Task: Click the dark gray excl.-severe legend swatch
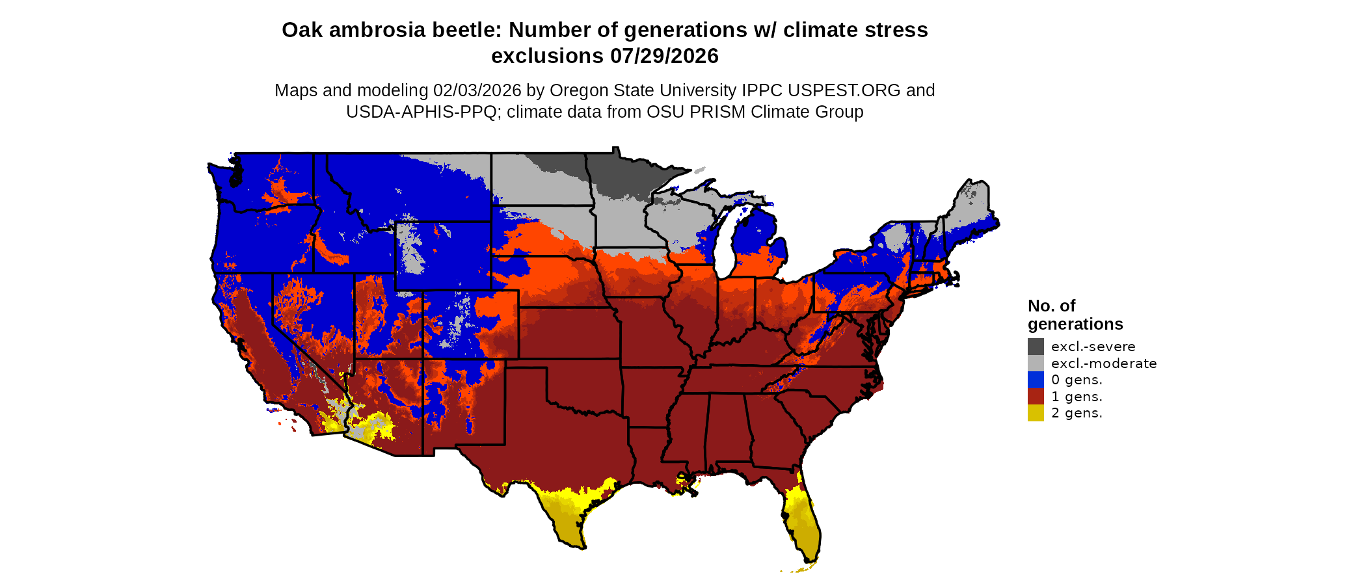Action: tap(1036, 347)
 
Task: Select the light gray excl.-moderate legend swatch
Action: tap(1036, 363)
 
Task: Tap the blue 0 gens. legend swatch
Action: tap(1036, 380)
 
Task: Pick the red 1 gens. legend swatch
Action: tap(1036, 397)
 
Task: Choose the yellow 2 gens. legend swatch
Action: tap(1036, 413)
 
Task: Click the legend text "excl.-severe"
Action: tap(1093, 347)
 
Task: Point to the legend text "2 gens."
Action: tap(1077, 413)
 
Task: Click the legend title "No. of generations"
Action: tap(1075, 315)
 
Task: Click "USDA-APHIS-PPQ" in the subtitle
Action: tap(422, 112)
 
